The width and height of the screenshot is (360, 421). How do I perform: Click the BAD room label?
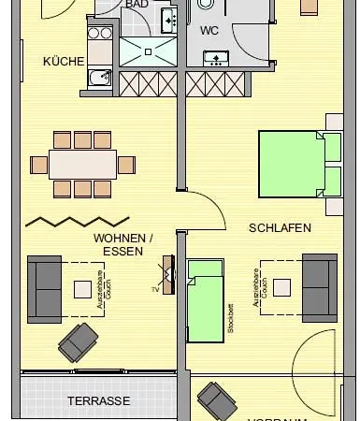(x=137, y=5)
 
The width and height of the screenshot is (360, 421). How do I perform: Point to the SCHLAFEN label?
(x=279, y=227)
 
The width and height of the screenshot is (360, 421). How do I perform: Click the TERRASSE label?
(x=98, y=400)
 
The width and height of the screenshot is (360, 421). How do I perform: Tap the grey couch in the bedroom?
(x=318, y=286)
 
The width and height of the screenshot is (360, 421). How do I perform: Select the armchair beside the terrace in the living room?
(x=76, y=343)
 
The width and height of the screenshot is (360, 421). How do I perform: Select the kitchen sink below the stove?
(x=98, y=78)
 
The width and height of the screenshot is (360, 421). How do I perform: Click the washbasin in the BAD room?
(x=168, y=19)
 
